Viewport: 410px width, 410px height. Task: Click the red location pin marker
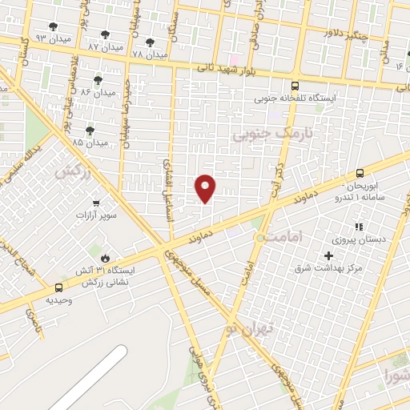[x=206, y=188]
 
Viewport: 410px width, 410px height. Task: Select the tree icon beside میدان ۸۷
[x=105, y=34]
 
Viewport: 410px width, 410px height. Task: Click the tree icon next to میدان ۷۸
[x=150, y=42]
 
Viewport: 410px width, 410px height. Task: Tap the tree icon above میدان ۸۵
[x=90, y=130]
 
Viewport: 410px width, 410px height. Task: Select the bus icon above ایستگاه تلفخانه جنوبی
[x=295, y=86]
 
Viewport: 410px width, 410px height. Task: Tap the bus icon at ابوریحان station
[x=360, y=173]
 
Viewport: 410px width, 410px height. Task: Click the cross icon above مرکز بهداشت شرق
[x=328, y=255]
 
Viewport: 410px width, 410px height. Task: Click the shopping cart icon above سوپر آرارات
[x=97, y=203]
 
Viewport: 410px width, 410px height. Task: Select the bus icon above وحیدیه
[x=58, y=287]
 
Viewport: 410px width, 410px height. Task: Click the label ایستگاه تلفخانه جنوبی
[x=295, y=98]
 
